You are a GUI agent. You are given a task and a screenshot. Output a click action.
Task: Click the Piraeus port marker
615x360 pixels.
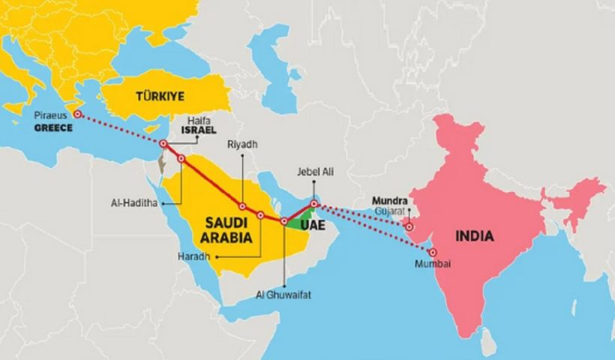pyautogui.click(x=76, y=114)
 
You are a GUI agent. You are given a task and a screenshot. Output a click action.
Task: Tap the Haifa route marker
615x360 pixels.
pyautogui.click(x=163, y=143)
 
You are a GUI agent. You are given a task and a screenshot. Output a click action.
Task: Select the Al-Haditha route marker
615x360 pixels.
pyautogui.click(x=181, y=158)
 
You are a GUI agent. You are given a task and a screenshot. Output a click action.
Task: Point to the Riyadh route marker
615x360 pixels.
pyautogui.click(x=242, y=205)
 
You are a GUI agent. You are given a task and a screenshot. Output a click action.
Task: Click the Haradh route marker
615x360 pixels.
pyautogui.click(x=260, y=215)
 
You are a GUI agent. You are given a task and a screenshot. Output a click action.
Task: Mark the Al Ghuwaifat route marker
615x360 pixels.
pyautogui.click(x=283, y=221)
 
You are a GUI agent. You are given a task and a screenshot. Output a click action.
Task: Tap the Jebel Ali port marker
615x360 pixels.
pyautogui.click(x=314, y=203)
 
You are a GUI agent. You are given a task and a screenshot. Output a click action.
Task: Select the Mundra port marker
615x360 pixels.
pyautogui.click(x=409, y=226)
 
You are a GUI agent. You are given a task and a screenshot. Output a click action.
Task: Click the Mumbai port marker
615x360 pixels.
pyautogui.click(x=432, y=252)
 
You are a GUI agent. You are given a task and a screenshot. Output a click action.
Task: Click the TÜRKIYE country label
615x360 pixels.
pyautogui.click(x=160, y=97)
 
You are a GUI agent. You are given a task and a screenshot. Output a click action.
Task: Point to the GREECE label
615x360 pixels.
pyautogui.click(x=53, y=128)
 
